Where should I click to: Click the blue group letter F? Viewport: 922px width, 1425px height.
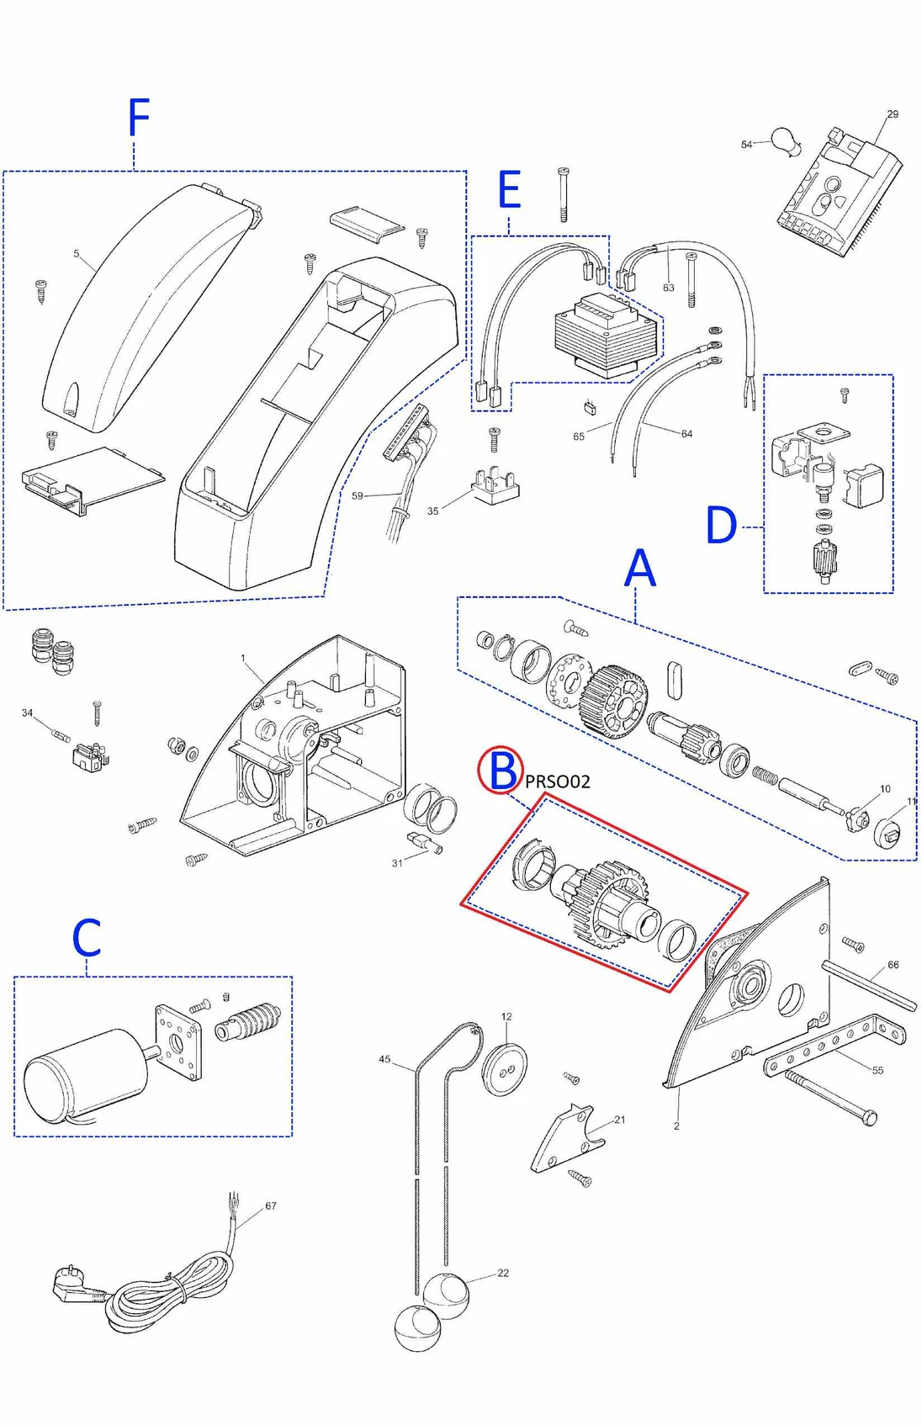[139, 118]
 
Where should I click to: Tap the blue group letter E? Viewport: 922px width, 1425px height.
[509, 190]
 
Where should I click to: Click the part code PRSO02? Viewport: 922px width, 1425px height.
[558, 781]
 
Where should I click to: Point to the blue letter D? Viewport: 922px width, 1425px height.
[721, 527]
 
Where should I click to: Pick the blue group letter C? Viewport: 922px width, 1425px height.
[87, 938]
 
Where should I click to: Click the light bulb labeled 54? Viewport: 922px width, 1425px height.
[785, 141]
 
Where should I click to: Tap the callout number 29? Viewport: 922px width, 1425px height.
[893, 114]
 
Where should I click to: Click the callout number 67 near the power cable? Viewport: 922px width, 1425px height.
[271, 1205]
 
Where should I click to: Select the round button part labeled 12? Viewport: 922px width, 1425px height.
[503, 1069]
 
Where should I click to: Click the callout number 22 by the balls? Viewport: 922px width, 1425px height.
[503, 1273]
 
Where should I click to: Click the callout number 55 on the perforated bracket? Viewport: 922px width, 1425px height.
[877, 1070]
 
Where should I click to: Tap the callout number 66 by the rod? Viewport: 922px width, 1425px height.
[893, 965]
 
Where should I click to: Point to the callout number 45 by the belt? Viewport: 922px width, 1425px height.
[384, 1059]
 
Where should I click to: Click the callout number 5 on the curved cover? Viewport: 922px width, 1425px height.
[77, 253]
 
